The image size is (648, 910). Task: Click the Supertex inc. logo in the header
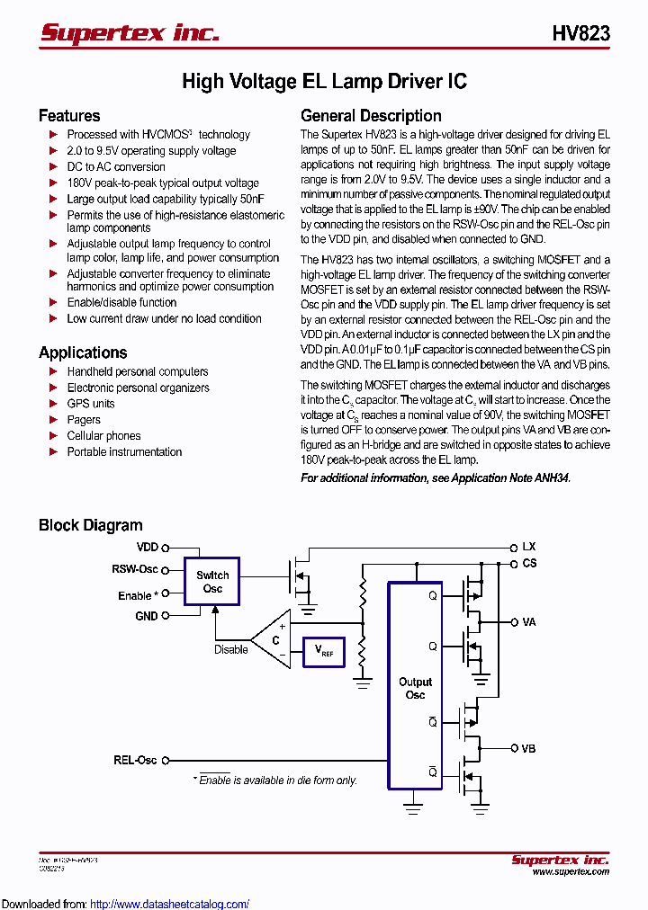pos(130,33)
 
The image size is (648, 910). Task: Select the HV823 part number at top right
pos(580,33)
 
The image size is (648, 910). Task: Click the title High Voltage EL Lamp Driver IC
pos(324,82)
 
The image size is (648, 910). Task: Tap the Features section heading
pos(69,116)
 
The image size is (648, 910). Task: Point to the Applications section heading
pos(83,352)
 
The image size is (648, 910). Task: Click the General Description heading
pos(371,116)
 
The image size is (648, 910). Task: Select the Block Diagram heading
pos(90,525)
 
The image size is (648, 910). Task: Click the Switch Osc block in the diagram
pos(212,582)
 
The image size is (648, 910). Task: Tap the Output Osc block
pos(415,688)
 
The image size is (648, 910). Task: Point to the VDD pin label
pos(147,547)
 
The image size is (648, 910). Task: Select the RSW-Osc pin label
pos(134,569)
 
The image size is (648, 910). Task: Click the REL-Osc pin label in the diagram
pos(135,760)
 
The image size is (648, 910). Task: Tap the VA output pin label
pos(528,621)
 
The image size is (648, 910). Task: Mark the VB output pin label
pos(528,748)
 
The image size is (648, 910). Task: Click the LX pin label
pos(528,547)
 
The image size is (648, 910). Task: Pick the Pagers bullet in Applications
pos(84,420)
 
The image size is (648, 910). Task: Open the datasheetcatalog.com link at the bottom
pos(169,904)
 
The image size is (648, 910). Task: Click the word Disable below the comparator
pos(231,649)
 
